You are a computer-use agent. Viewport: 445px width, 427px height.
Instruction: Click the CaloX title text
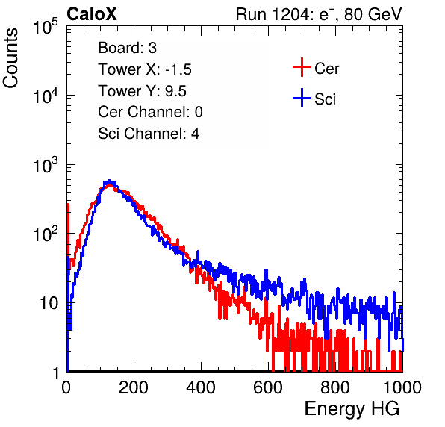pos(92,14)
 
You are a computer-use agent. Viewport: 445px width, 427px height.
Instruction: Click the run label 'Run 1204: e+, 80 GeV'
pos(319,14)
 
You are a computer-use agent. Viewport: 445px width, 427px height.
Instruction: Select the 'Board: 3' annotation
pos(127,48)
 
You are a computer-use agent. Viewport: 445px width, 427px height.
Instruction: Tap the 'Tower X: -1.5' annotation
pos(145,69)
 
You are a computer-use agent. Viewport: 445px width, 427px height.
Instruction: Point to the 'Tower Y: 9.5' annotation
pos(142,91)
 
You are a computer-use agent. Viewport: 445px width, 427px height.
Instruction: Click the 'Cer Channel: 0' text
pos(150,112)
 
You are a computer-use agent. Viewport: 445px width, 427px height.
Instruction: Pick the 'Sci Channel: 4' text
pos(149,134)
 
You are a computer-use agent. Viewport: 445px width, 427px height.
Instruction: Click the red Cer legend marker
pos(302,67)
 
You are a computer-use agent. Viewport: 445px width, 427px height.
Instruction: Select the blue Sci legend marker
pos(302,99)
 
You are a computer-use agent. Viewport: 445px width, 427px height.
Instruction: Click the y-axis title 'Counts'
pos(10,58)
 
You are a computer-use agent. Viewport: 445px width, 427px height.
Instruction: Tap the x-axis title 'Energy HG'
pos(352,409)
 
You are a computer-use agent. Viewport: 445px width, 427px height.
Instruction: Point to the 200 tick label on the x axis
pos(134,387)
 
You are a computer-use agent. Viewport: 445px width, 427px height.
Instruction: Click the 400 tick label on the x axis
pos(201,387)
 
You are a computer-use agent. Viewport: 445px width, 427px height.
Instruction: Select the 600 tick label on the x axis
pos(268,387)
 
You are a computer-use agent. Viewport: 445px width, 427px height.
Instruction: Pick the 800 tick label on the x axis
pos(335,387)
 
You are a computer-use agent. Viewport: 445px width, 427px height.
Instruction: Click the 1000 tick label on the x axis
pos(402,387)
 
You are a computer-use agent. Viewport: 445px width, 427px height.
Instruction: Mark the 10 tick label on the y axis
pos(49,304)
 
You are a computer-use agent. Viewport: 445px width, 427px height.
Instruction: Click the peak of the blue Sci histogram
pos(109,181)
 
